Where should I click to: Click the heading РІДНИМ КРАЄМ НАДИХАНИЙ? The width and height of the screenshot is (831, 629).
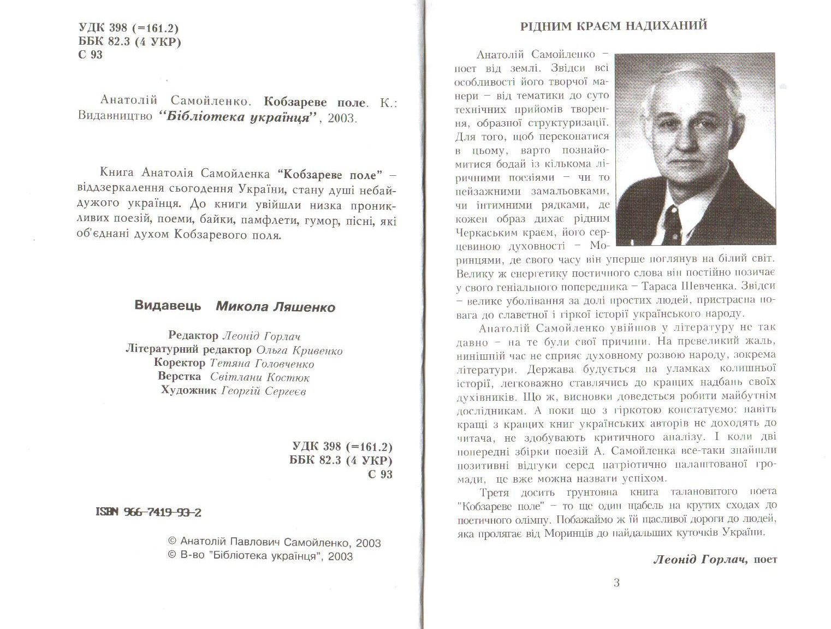click(x=614, y=26)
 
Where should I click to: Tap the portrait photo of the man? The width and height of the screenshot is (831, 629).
click(x=695, y=149)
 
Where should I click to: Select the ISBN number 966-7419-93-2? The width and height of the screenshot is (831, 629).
click(x=149, y=512)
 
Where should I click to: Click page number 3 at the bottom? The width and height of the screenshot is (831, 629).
click(x=616, y=583)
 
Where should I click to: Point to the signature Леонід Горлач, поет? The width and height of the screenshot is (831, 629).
click(x=715, y=559)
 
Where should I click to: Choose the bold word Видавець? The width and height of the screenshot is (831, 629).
click(x=168, y=306)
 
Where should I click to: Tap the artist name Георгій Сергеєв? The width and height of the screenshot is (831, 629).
click(x=264, y=391)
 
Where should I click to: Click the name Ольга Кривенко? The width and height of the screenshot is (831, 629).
click(x=299, y=350)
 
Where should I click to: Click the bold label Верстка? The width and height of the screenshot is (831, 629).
click(x=180, y=377)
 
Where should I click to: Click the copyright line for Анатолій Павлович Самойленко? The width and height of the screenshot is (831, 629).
click(x=274, y=543)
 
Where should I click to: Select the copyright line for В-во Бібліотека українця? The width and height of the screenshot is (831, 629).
click(x=260, y=556)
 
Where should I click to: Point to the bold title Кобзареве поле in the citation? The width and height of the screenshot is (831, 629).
click(x=314, y=102)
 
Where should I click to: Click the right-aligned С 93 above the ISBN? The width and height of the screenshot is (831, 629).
click(x=380, y=474)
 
